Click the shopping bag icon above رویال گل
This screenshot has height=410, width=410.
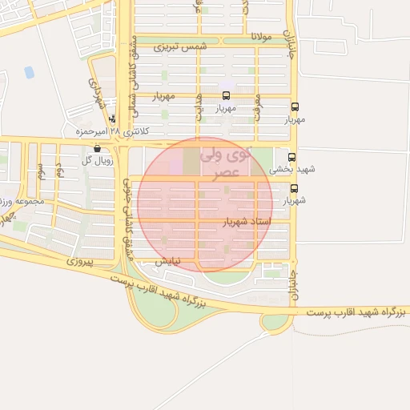[97, 148]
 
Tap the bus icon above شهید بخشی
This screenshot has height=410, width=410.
[291, 158]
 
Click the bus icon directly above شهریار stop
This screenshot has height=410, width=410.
[294, 189]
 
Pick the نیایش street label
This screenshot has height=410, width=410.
[167, 260]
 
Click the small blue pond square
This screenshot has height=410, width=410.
[30, 72]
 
